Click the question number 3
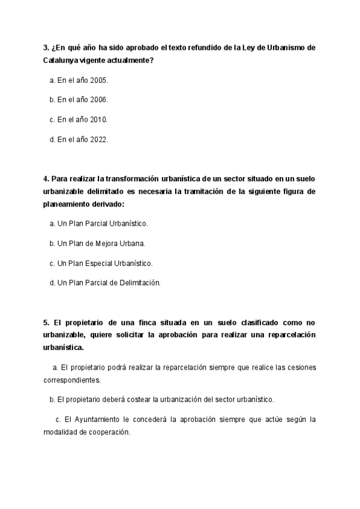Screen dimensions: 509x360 coord(46,47)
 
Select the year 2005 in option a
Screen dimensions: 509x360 coord(98,80)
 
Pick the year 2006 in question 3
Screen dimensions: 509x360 coord(98,100)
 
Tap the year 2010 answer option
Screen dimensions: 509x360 coord(98,119)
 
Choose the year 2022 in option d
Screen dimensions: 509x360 coord(98,139)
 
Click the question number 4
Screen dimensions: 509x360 coord(46,178)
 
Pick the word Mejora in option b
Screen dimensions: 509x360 coord(112,243)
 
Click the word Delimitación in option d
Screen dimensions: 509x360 coord(140,282)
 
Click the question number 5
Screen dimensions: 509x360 coord(46,322)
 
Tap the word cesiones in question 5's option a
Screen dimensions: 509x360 coord(300,367)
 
